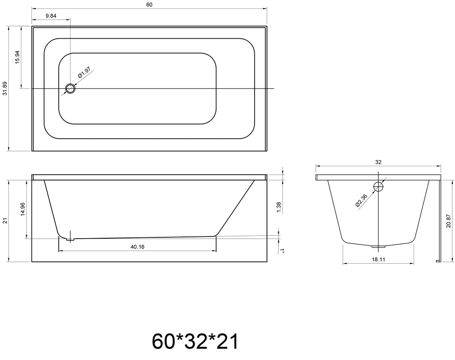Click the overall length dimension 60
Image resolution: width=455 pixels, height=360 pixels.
[149, 5]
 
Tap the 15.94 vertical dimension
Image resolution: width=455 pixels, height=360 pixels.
[17, 57]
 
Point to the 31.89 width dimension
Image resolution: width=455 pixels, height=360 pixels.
[5, 88]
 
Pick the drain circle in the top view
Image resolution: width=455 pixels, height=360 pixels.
[70, 88]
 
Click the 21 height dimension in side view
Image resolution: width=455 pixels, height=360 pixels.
[5, 220]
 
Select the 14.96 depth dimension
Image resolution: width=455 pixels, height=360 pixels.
[23, 209]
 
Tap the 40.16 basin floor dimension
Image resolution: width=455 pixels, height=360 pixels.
[137, 247]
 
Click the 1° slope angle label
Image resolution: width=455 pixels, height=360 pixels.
[282, 251]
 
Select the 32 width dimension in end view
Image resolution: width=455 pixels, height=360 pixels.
[378, 163]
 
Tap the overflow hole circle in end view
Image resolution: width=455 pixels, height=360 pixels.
[379, 186]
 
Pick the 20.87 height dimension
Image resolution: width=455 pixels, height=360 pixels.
[449, 220]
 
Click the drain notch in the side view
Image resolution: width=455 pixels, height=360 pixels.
[70, 239]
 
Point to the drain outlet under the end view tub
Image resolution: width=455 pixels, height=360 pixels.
[379, 245]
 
